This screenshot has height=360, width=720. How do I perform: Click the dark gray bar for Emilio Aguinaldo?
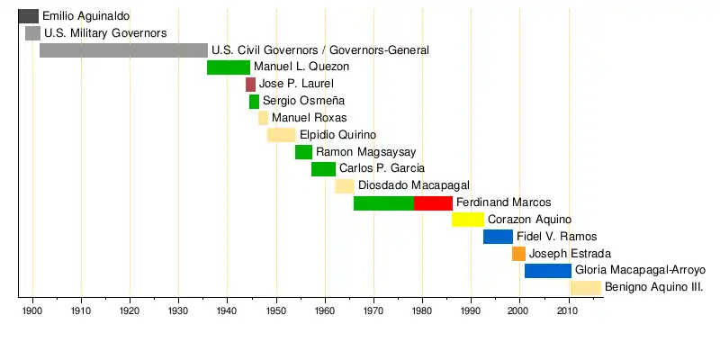[28, 16]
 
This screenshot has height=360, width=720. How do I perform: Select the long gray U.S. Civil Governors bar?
[123, 50]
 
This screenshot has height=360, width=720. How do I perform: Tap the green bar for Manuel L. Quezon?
[229, 67]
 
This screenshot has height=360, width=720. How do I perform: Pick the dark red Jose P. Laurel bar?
[250, 85]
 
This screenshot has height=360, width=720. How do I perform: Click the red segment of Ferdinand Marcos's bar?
[433, 203]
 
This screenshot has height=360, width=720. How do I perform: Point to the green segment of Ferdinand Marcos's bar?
[383, 203]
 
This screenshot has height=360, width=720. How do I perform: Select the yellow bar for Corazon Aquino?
[468, 220]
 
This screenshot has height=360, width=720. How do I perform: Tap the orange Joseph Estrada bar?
[519, 254]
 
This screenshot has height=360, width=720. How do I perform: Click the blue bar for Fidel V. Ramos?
[498, 237]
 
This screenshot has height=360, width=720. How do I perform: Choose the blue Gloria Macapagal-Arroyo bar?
[547, 271]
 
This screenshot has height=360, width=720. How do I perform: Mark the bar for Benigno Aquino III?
[585, 288]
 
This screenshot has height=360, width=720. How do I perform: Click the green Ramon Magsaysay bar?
[303, 152]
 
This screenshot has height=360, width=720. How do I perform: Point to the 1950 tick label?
[276, 311]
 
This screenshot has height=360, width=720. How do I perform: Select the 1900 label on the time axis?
[32, 311]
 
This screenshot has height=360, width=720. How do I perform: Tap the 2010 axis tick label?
[568, 311]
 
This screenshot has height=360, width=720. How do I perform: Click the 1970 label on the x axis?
[373, 311]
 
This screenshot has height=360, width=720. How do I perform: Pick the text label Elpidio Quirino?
[337, 135]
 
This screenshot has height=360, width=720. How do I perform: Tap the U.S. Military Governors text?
[105, 33]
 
